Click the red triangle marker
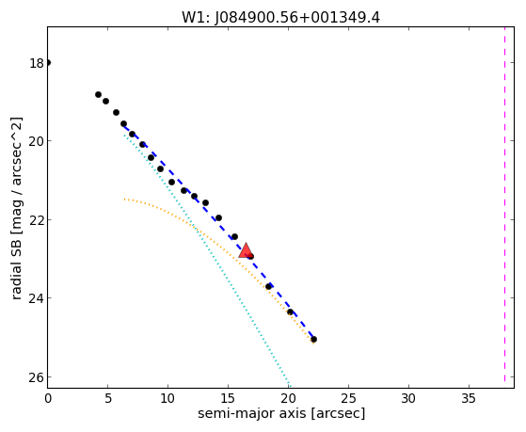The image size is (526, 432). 246,250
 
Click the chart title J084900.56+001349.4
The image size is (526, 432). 281,17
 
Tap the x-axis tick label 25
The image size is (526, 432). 348,398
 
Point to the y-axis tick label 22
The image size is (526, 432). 36,220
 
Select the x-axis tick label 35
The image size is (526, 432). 469,398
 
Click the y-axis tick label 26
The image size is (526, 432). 36,377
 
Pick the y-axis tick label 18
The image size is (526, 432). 36,63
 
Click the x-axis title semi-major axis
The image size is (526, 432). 252,413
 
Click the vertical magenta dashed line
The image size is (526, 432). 504,204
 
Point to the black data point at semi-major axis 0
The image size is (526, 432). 48,62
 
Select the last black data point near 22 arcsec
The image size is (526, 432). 313,340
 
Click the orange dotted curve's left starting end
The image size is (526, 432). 124,200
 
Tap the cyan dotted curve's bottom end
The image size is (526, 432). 290,386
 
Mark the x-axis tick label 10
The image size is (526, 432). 167,398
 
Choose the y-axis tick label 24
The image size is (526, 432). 36,298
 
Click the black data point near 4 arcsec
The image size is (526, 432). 98,95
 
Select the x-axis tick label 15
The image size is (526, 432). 228,398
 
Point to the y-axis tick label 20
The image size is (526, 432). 36,141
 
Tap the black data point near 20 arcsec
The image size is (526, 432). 290,312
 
